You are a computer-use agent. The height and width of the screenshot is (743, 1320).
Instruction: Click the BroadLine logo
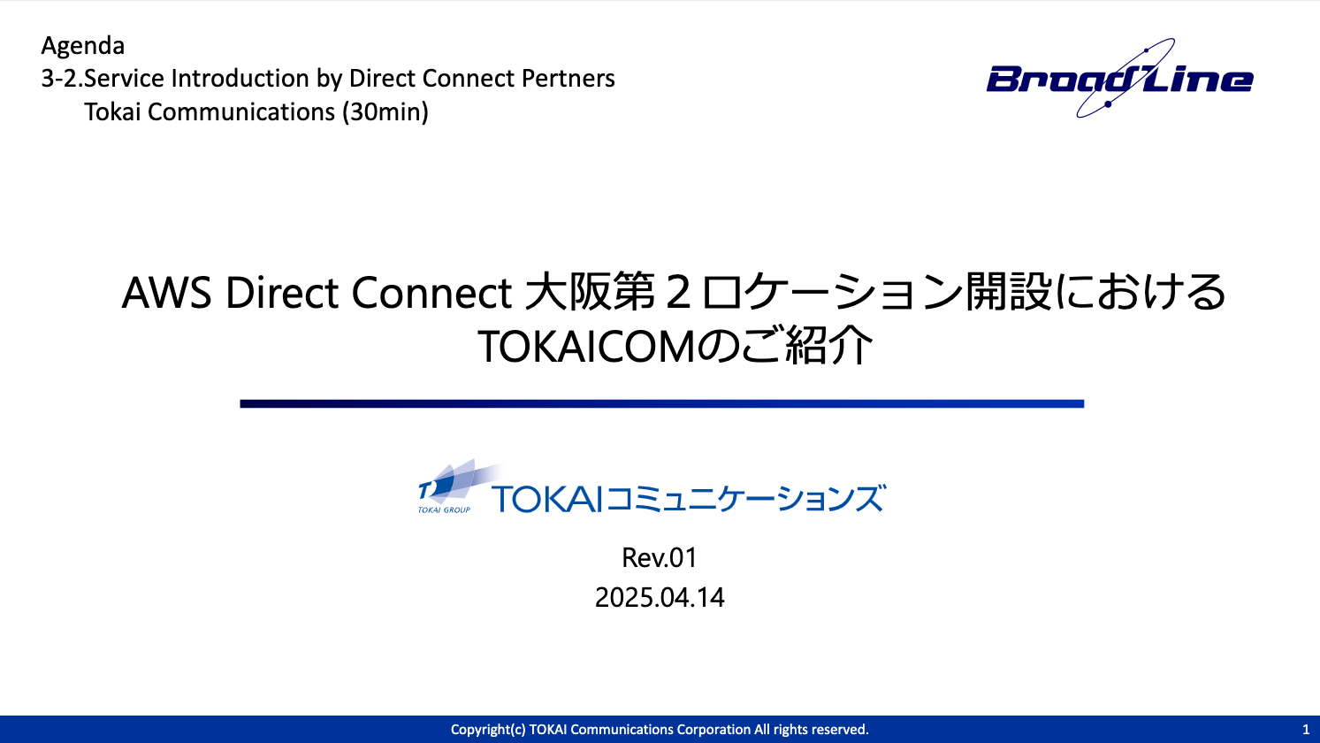(x=1119, y=78)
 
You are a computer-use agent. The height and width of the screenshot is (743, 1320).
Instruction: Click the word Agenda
(x=83, y=46)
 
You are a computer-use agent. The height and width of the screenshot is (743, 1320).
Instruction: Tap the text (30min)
(x=385, y=112)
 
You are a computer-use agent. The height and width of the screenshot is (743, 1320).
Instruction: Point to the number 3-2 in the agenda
(x=59, y=79)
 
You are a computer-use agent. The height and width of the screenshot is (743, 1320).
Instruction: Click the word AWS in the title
(x=167, y=293)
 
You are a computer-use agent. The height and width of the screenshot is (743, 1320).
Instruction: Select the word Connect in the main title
(x=432, y=293)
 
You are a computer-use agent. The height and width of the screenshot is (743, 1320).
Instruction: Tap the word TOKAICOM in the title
(x=586, y=347)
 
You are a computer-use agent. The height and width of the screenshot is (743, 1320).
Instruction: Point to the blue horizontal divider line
(x=661, y=404)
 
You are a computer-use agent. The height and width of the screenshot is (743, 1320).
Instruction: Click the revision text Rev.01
(x=660, y=558)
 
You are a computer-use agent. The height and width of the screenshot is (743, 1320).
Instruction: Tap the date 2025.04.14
(x=660, y=597)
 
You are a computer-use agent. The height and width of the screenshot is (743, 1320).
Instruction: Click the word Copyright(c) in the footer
(x=488, y=730)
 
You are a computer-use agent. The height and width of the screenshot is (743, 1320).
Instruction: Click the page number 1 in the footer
(x=1306, y=730)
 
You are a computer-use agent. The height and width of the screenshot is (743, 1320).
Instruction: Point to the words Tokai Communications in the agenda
(x=210, y=112)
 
